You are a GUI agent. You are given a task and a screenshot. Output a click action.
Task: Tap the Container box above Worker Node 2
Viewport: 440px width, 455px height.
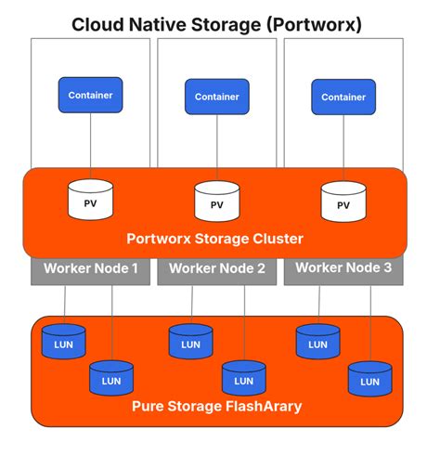tap(216, 96)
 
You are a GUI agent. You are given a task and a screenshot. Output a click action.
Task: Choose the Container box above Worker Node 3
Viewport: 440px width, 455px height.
tap(343, 96)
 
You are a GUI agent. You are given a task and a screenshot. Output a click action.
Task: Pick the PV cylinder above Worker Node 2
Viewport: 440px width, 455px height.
tap(216, 201)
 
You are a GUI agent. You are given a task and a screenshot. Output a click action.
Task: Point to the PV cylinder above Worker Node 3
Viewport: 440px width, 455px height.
tap(343, 201)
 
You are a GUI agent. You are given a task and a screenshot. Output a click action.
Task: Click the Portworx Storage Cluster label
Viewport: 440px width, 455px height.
tap(214, 239)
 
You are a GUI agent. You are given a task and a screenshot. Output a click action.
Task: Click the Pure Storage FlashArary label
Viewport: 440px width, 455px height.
tap(216, 406)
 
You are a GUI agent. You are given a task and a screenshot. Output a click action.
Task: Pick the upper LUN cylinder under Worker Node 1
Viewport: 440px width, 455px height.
tap(64, 342)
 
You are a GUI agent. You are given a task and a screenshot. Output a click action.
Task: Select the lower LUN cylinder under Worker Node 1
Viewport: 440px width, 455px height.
tap(111, 377)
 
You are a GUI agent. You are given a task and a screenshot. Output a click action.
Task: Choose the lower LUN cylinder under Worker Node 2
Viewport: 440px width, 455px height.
tap(244, 378)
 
